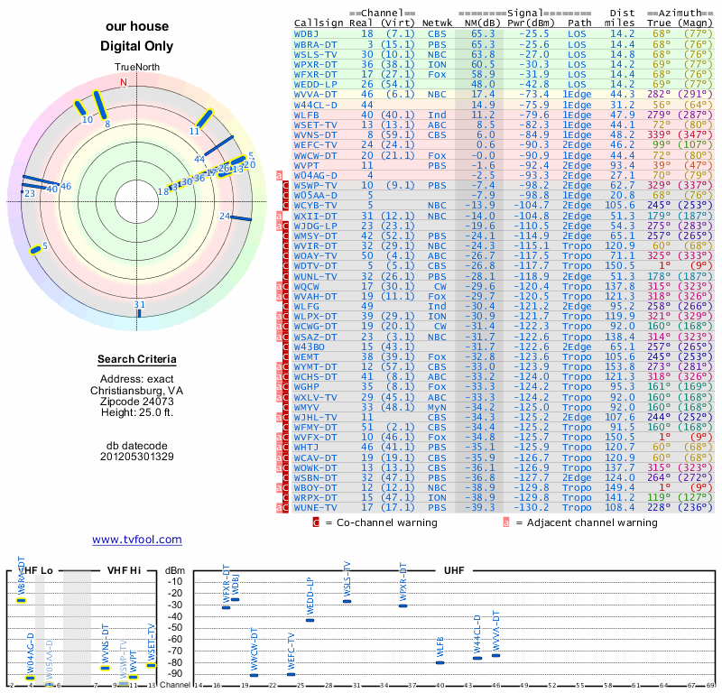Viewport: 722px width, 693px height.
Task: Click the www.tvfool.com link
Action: (136, 540)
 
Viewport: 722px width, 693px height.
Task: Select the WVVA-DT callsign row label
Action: (315, 94)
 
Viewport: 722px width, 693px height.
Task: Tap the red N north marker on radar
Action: (124, 82)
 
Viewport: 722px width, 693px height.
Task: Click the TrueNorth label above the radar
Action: (136, 69)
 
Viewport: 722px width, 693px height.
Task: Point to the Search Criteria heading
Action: (136, 360)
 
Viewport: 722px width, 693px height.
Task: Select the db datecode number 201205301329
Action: (136, 457)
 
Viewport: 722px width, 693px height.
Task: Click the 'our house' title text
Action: (136, 27)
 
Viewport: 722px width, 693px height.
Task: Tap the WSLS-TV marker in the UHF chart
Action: (347, 601)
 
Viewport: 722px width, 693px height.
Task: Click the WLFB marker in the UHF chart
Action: (440, 662)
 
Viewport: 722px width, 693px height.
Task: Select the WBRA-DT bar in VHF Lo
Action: (21, 600)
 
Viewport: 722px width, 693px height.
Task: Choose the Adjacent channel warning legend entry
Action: (587, 522)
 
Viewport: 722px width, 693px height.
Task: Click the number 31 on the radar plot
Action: (139, 305)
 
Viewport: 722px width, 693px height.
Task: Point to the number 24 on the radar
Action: (224, 217)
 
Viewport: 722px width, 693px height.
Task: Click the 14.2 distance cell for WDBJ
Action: (622, 33)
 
